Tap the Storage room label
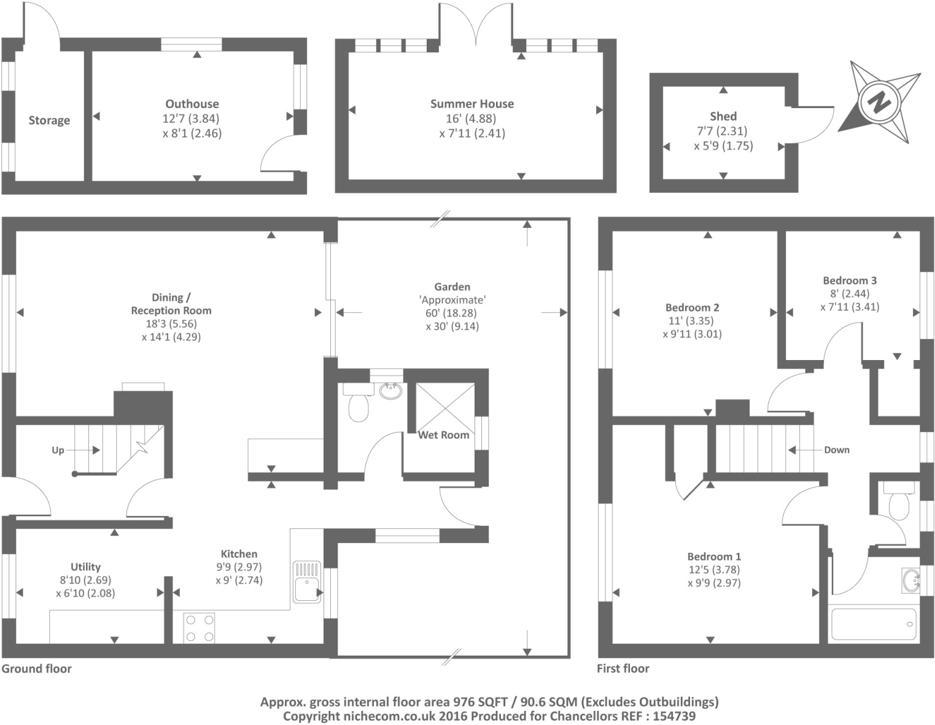tap(49, 120)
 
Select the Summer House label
tap(471, 104)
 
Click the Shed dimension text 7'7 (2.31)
tap(723, 131)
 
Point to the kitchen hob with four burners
tap(200, 628)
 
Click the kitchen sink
tap(306, 581)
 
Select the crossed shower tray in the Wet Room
tap(445, 407)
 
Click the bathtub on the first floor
tap(872, 624)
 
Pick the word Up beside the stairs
tap(58, 450)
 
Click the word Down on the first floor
tap(836, 450)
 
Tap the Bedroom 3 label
tap(850, 280)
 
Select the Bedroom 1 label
tap(714, 557)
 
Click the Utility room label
tap(85, 566)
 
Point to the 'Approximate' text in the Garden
tap(452, 300)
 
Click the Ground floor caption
tap(36, 668)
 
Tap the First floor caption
tap(623, 668)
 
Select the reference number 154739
tap(673, 716)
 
